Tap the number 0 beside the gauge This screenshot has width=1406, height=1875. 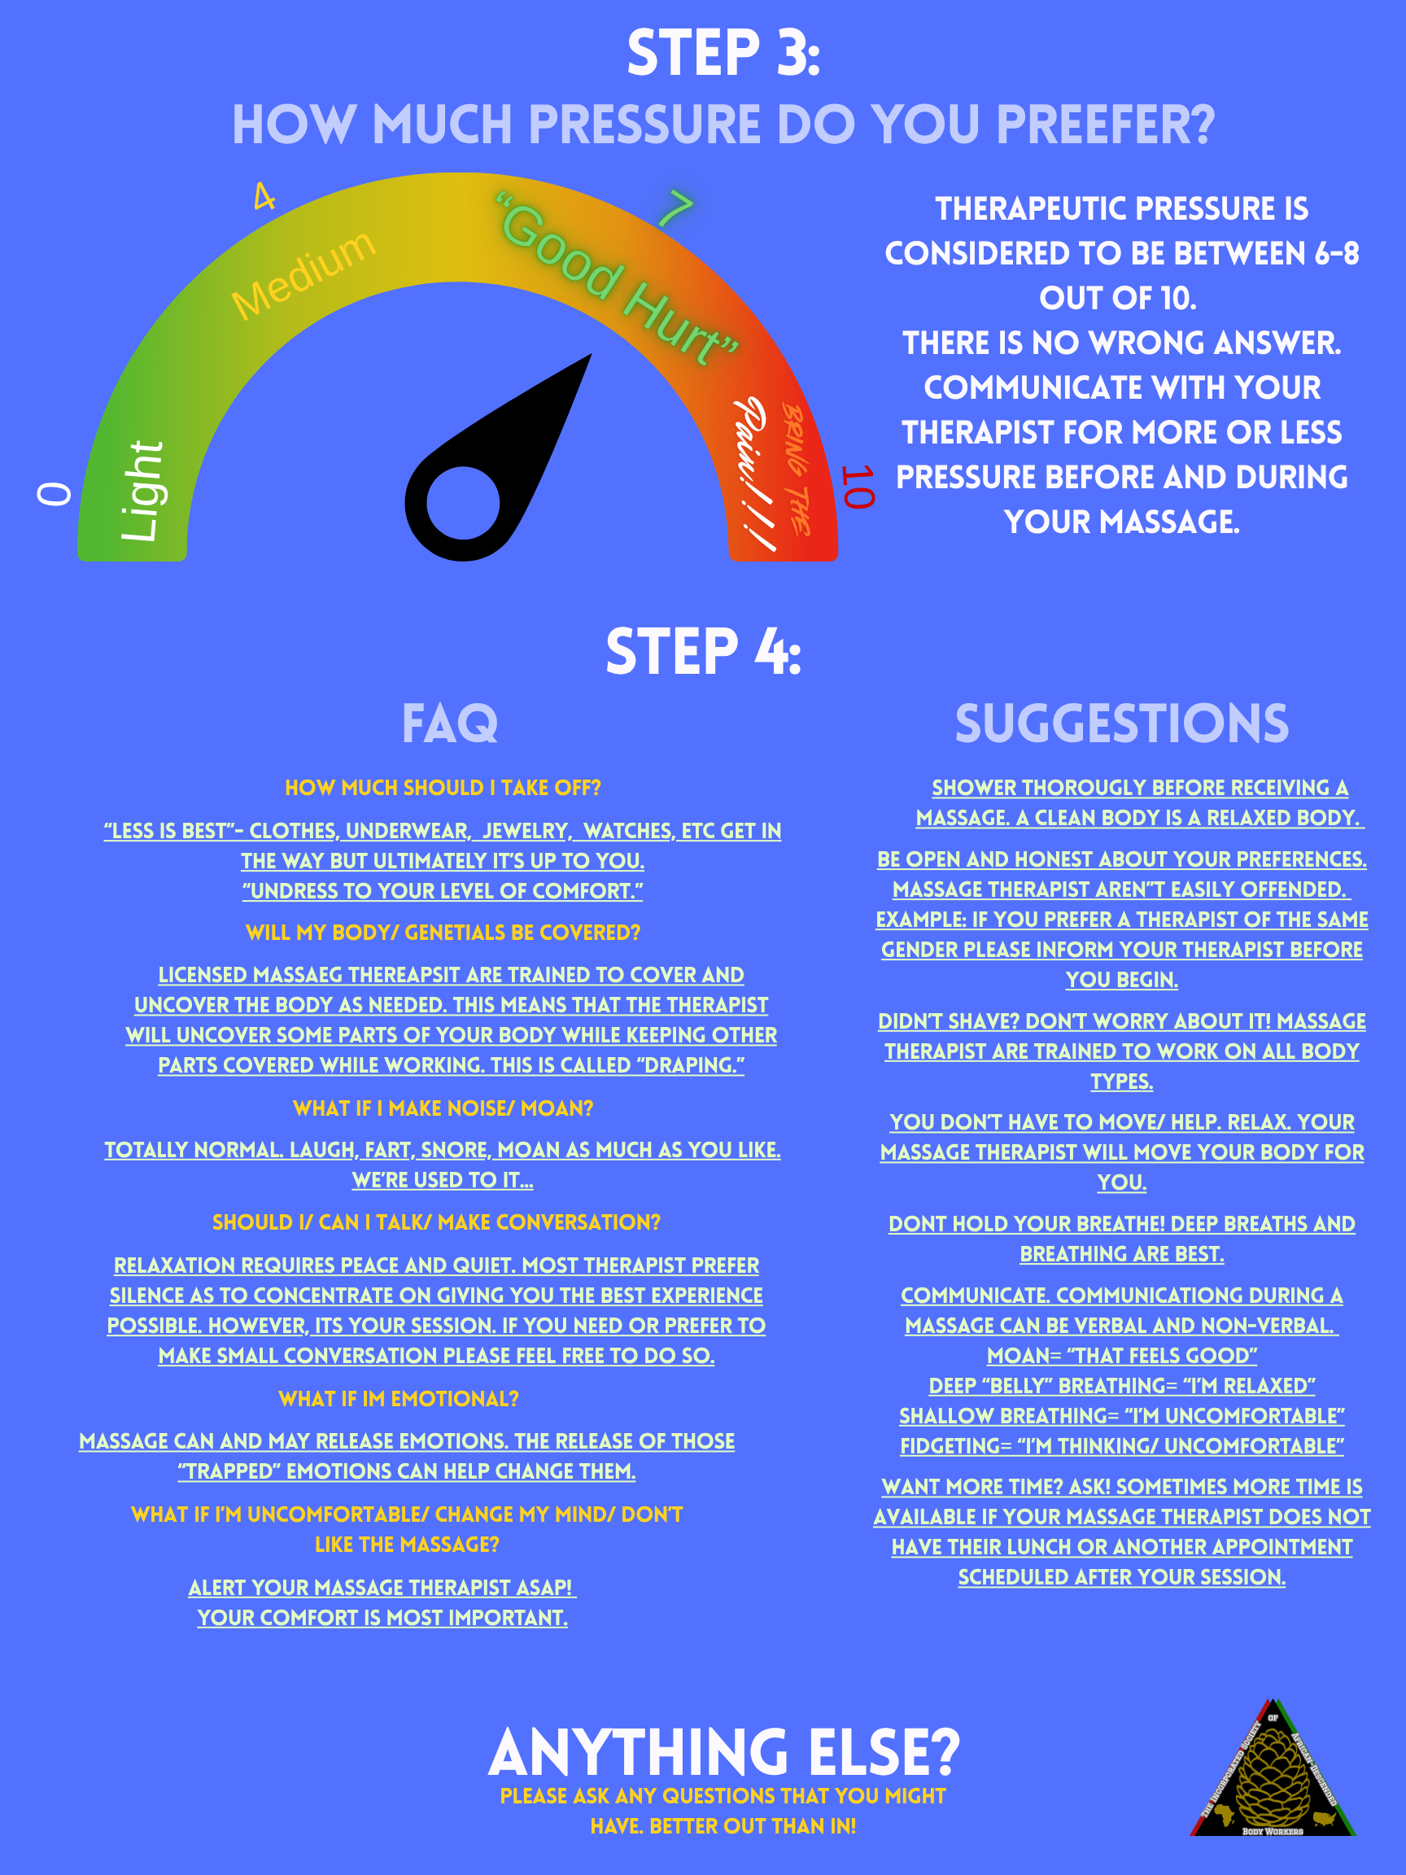click(55, 493)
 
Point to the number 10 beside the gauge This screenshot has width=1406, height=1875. click(858, 487)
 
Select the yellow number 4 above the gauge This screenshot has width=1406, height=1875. click(264, 197)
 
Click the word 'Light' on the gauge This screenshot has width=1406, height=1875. click(142, 491)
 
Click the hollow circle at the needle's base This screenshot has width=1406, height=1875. click(463, 503)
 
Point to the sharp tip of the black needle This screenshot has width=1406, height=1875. click(591, 354)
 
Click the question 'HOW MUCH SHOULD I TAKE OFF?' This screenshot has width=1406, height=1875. click(443, 788)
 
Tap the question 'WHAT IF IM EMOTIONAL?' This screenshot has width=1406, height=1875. click(399, 1399)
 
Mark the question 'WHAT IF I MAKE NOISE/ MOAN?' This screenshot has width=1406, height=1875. click(443, 1108)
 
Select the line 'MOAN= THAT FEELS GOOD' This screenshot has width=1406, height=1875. click(1121, 1356)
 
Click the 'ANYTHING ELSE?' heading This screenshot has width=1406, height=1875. click(724, 1753)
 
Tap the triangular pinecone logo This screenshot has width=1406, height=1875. click(1272, 1769)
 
